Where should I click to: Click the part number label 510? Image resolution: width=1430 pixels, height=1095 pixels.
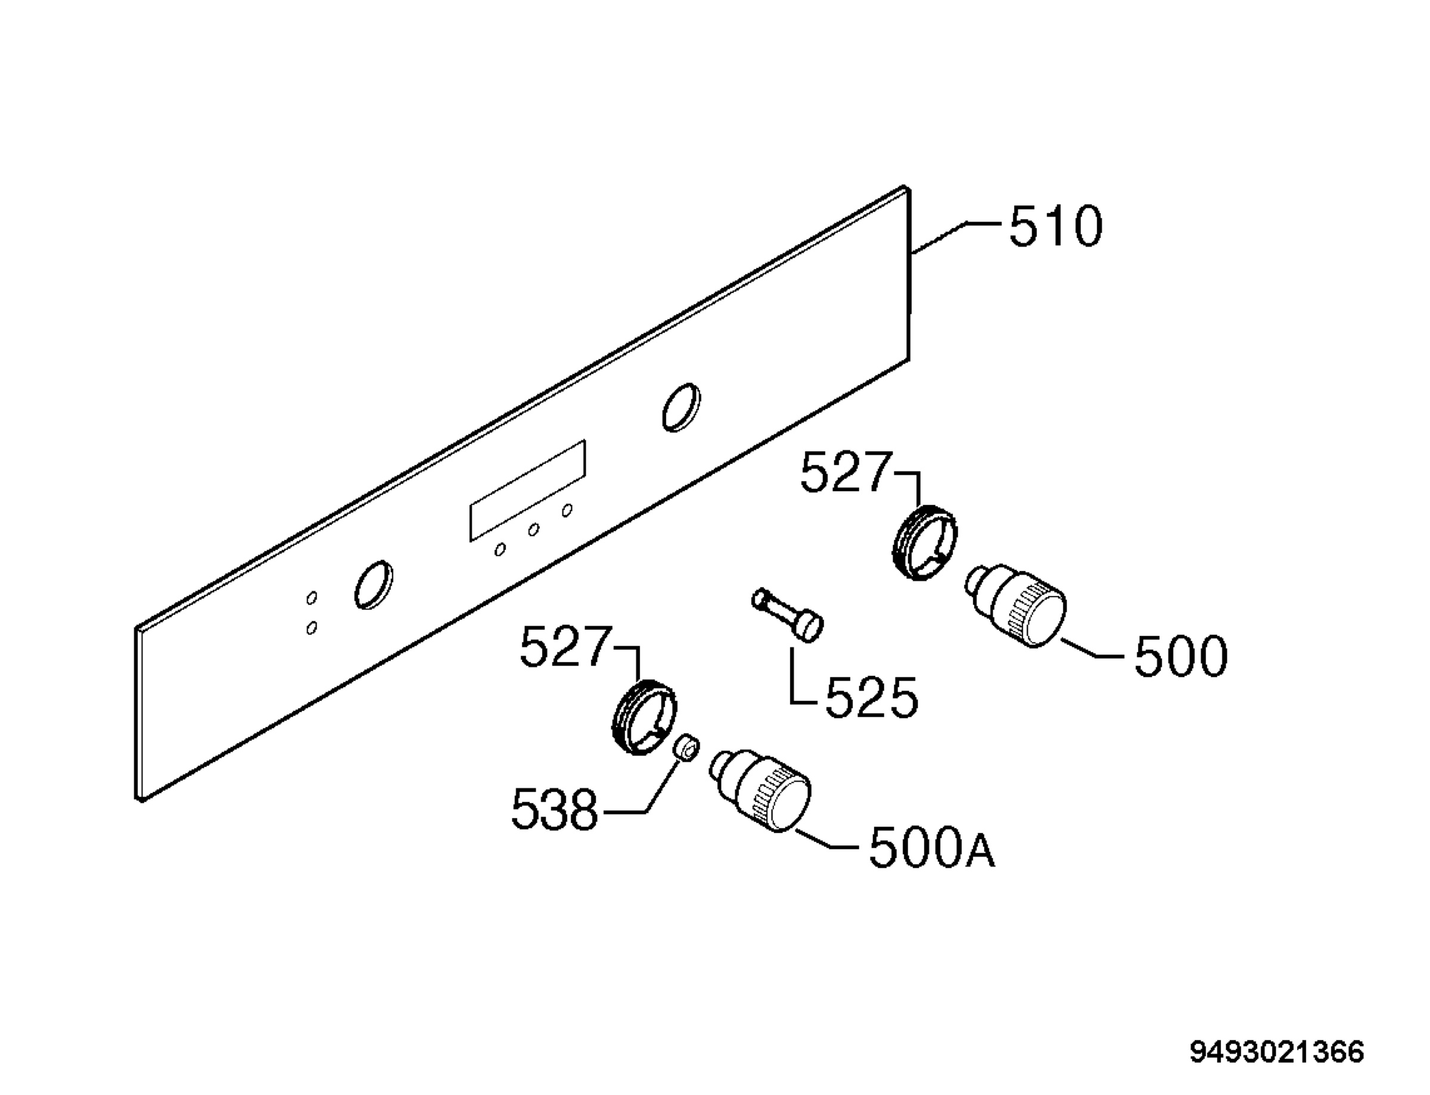pos(1056,226)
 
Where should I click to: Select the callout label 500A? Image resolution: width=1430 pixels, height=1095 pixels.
pos(932,848)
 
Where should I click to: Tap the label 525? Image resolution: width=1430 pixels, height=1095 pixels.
pos(871,697)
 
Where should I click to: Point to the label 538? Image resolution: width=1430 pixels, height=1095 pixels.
pos(555,810)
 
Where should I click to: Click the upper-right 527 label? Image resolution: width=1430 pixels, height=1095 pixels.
pos(845,473)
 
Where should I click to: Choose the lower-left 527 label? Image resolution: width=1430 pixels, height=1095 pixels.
pos(565,647)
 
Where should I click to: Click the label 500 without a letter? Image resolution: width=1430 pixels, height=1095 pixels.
pos(1182,656)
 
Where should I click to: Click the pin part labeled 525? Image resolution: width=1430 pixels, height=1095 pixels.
pos(788,614)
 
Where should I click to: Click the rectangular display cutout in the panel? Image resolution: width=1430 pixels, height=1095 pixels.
pos(527,491)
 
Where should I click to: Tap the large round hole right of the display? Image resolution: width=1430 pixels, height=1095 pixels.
pos(682,407)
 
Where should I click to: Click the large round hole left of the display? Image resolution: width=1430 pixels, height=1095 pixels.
pos(374,585)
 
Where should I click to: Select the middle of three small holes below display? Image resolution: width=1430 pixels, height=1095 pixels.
pos(533,530)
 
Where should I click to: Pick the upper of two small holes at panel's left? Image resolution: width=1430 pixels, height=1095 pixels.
pos(312,598)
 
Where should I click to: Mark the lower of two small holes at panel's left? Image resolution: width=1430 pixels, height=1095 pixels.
pos(312,628)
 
